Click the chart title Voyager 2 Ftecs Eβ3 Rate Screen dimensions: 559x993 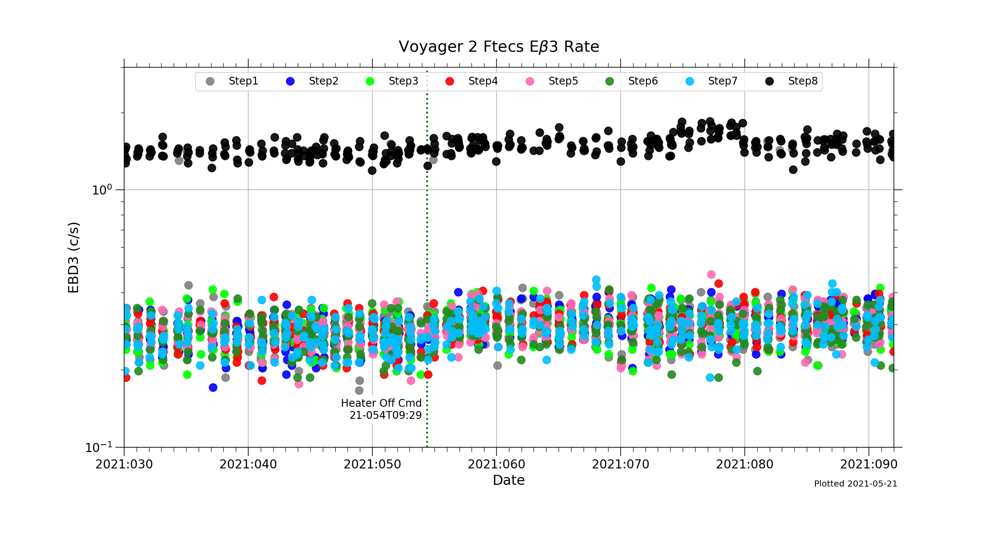[x=499, y=47]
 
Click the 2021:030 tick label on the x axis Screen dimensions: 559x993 [x=124, y=465]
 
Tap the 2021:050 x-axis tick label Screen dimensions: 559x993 [x=372, y=465]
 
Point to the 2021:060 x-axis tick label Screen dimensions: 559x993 [x=496, y=465]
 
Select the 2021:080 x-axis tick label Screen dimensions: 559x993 [x=745, y=465]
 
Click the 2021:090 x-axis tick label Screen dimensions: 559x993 [x=869, y=465]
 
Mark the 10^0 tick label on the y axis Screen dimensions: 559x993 [x=102, y=189]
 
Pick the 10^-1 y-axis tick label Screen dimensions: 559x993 [x=99, y=447]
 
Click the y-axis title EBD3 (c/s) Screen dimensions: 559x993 [x=74, y=258]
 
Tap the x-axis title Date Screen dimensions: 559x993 [x=509, y=480]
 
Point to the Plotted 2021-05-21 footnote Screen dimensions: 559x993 [x=856, y=484]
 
